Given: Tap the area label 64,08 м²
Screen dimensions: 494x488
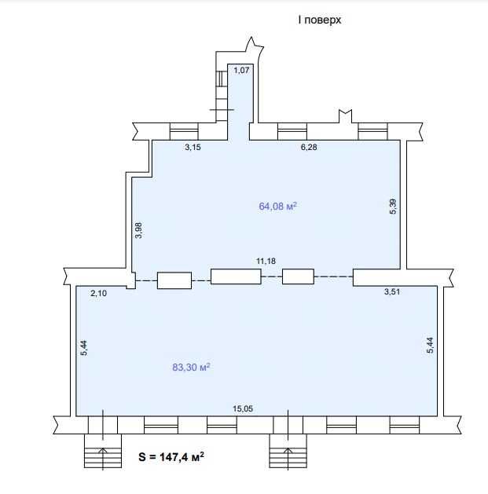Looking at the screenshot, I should click(x=277, y=207).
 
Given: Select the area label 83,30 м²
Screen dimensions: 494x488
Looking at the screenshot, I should click(x=191, y=367).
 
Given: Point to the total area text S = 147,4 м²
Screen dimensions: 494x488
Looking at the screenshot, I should click(x=171, y=456).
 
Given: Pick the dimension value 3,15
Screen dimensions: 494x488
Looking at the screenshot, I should click(x=193, y=147).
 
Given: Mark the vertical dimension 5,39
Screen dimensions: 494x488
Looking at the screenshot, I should click(x=394, y=208).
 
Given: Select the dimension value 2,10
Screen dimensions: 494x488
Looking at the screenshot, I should click(x=99, y=293).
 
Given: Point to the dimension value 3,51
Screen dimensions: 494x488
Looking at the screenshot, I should click(x=391, y=292).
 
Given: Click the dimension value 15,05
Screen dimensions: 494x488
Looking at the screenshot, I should click(x=242, y=408).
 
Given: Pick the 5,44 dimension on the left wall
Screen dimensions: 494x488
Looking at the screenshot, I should click(x=84, y=348).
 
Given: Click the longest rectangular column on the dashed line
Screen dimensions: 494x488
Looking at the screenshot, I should click(x=236, y=276).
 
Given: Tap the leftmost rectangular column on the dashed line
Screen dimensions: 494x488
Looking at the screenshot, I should click(x=174, y=280).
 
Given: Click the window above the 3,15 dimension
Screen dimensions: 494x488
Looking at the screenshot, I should click(x=185, y=130).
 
